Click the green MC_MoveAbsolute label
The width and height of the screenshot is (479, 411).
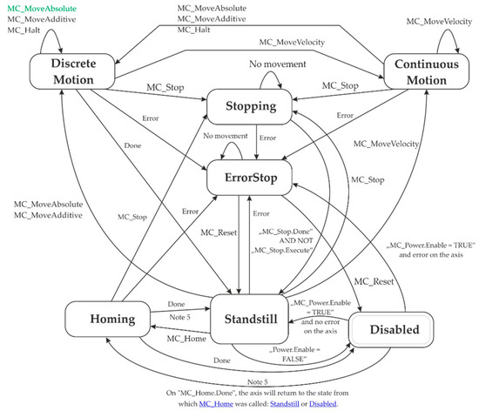coord(37,8)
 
